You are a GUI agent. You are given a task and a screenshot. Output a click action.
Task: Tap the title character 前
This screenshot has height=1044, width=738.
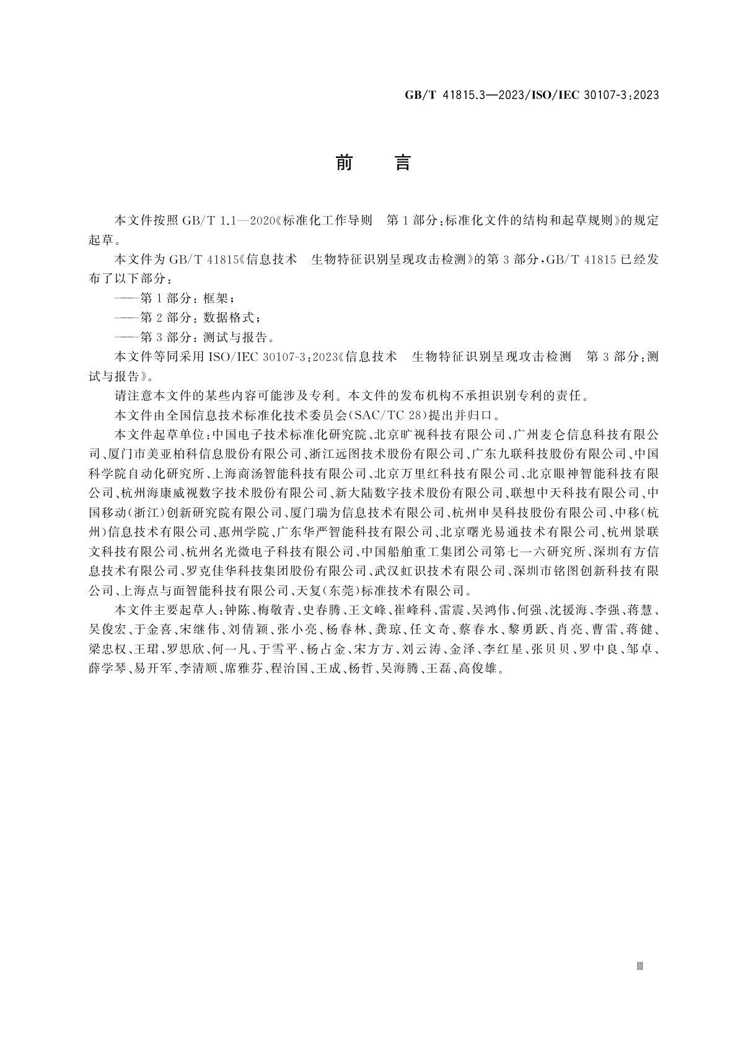(344, 163)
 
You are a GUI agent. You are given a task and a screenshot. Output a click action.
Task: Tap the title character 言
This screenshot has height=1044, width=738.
(402, 163)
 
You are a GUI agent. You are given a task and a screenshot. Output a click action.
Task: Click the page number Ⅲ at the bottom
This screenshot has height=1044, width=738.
(640, 966)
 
